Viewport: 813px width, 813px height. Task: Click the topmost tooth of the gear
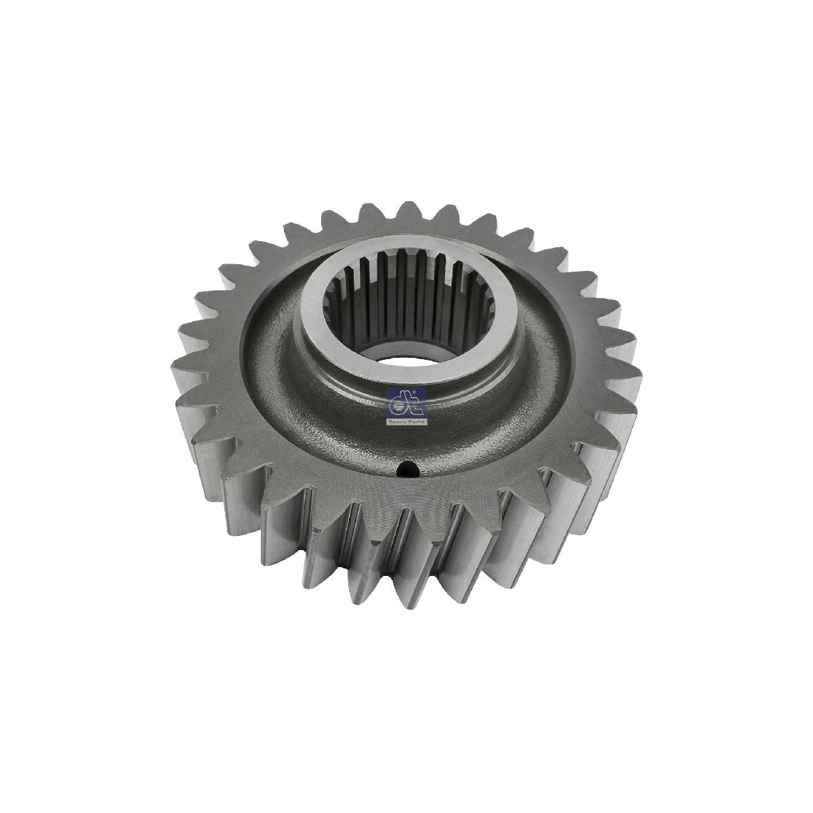[408, 211]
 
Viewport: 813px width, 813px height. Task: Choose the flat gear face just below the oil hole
[406, 488]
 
